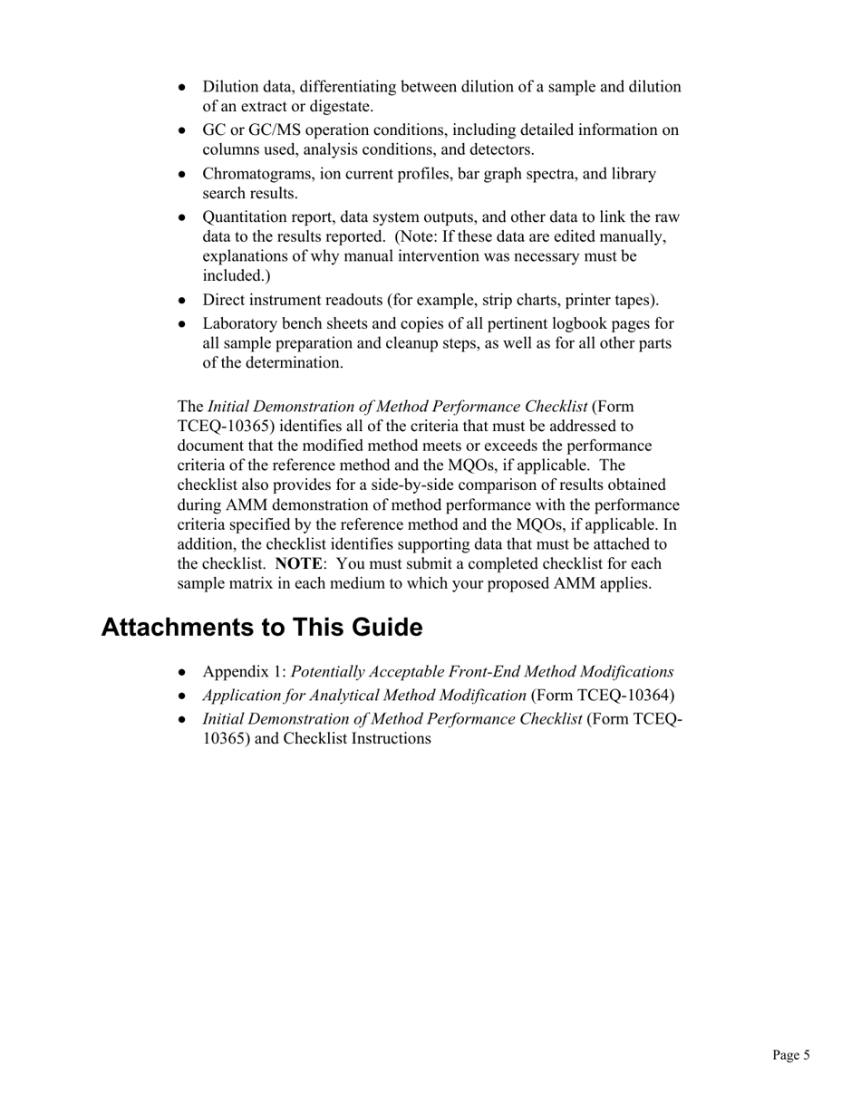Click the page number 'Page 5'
pyautogui.click(x=790, y=1054)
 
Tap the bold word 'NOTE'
pyautogui.click(x=297, y=563)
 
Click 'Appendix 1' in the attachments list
pyautogui.click(x=243, y=672)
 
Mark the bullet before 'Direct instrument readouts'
pyautogui.click(x=183, y=301)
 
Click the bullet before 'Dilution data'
pyautogui.click(x=183, y=87)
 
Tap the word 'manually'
pyautogui.click(x=634, y=236)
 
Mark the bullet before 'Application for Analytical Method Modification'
pyautogui.click(x=183, y=696)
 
